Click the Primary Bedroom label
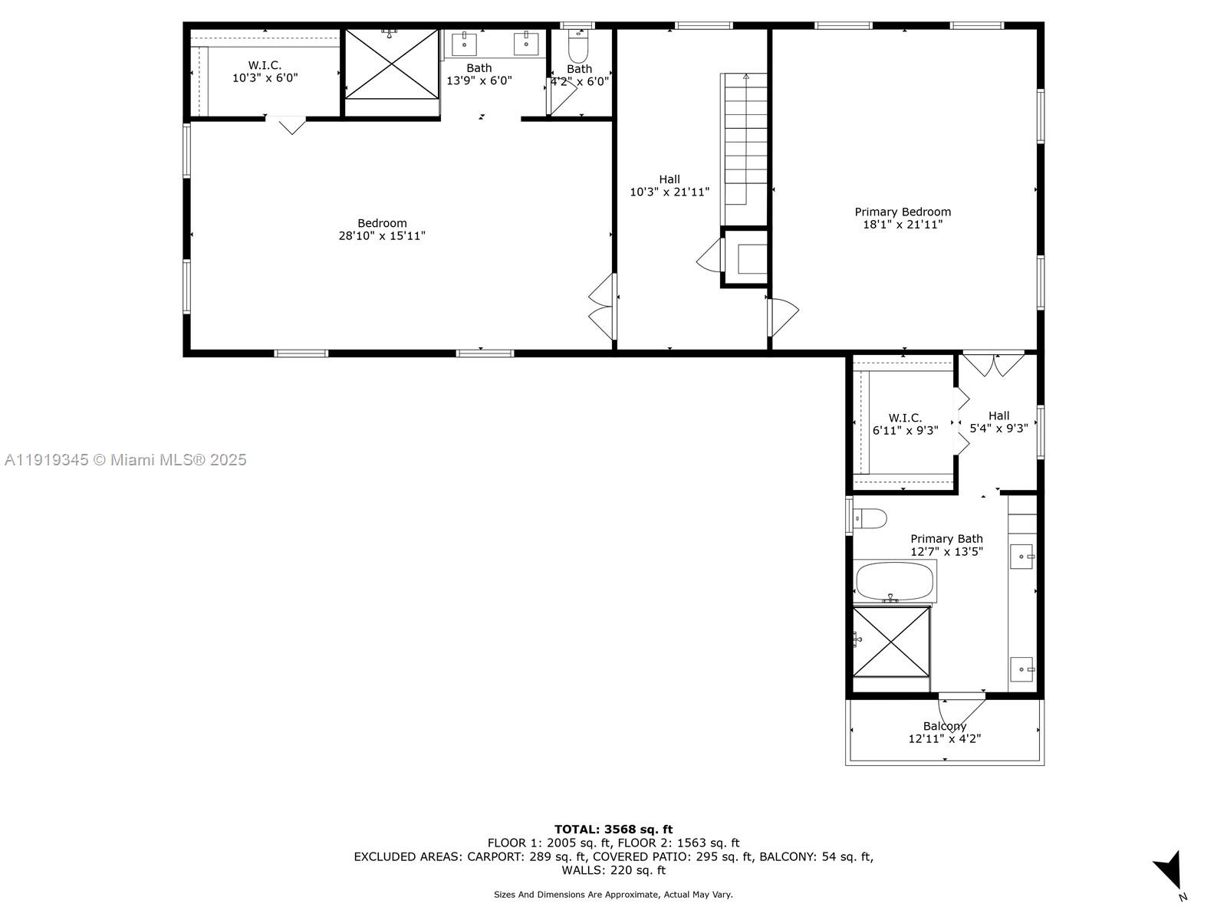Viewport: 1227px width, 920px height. tap(903, 212)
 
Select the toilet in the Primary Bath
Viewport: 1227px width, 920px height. tap(870, 519)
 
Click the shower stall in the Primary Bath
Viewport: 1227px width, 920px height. tap(891, 642)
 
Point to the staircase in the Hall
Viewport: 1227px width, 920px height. tap(745, 138)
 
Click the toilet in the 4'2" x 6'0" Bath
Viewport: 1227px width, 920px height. tap(578, 48)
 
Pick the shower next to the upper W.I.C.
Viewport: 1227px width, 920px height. tap(391, 64)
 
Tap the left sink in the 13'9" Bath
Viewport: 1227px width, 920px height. tap(465, 44)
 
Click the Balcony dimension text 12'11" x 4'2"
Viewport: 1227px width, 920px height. tap(944, 739)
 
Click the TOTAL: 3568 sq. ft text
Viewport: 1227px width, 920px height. tap(613, 829)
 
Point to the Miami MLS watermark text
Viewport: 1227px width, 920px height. tap(126, 460)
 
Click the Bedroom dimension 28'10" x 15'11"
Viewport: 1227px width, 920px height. tap(382, 236)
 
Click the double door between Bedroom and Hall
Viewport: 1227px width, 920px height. tap(603, 307)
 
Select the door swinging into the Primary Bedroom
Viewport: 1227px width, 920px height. tap(784, 316)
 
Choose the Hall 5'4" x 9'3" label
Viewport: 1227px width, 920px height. tap(998, 422)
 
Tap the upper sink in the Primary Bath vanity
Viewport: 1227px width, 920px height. tap(1021, 557)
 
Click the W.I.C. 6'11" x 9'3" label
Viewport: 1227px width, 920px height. tap(905, 424)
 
